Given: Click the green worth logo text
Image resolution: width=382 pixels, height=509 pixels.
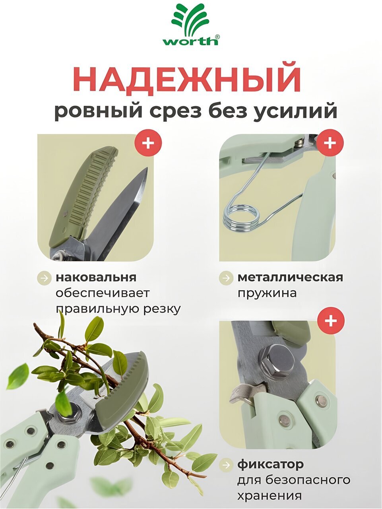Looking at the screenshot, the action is coord(190,41).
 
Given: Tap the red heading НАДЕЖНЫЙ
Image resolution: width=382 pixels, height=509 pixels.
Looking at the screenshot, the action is coord(188,80).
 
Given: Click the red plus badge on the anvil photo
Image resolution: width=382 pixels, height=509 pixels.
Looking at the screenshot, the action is coord(148,143).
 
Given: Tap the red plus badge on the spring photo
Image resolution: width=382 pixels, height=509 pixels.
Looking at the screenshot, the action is coord(330,143).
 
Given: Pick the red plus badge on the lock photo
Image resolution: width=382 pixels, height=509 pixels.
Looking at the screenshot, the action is coord(331,321).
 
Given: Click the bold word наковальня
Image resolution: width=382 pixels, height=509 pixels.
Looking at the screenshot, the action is coord(96,277).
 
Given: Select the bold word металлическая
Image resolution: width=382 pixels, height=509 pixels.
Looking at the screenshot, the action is coord(290,277).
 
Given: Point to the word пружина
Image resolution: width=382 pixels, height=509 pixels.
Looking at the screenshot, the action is coord(267,293).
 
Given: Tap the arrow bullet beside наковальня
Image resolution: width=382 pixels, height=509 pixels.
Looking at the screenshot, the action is coord(44,278).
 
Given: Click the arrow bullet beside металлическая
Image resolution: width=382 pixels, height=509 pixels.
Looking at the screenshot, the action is coord(226,278).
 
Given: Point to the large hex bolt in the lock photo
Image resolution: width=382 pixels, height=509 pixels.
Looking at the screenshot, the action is coord(277,362).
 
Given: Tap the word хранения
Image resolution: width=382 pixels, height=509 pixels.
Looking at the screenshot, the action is coord(270,495).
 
